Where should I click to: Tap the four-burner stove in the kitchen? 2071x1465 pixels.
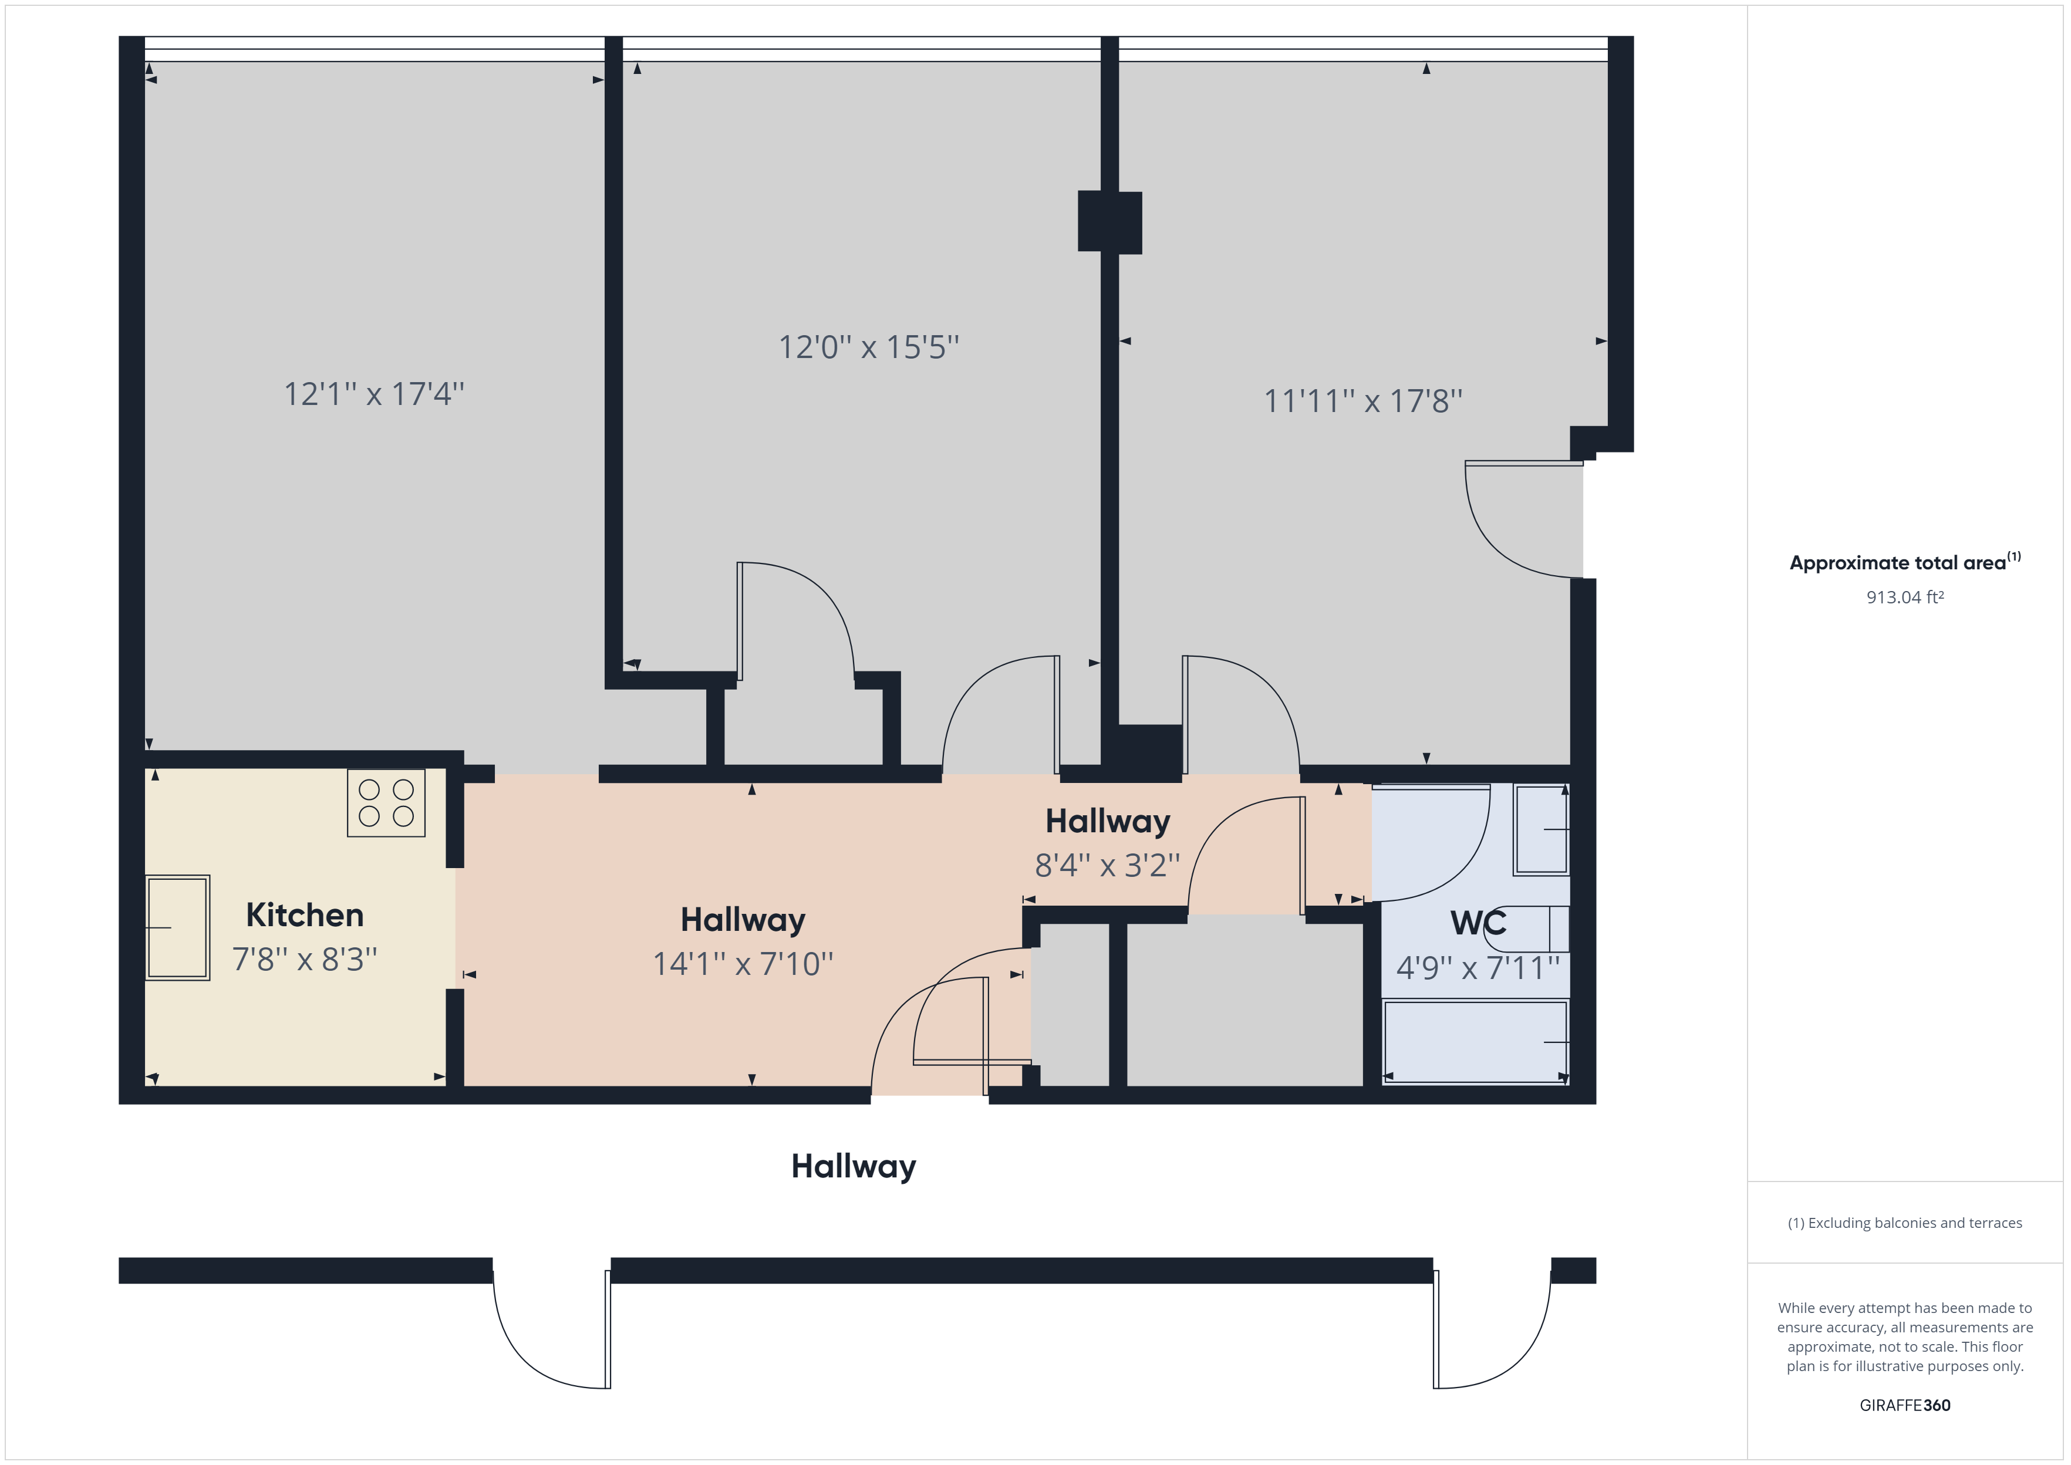[x=386, y=803]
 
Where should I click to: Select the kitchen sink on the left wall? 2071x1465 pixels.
[x=178, y=927]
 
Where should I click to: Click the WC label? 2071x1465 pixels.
[x=1478, y=923]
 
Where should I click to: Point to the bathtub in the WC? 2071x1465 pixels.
[x=1476, y=1042]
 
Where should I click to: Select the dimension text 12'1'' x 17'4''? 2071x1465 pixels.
[x=375, y=394]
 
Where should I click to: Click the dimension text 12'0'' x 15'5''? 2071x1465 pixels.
[x=869, y=347]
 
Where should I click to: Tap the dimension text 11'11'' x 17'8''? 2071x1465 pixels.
[x=1363, y=400]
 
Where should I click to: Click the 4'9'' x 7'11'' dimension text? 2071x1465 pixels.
[x=1478, y=968]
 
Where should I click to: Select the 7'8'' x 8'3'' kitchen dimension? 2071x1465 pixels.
[x=305, y=959]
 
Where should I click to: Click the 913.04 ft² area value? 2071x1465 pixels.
[x=1905, y=597]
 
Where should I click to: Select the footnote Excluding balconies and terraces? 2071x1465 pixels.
[x=1905, y=1223]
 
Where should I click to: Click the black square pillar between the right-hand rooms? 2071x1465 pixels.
[x=1109, y=222]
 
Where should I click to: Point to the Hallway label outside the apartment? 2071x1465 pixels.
[x=854, y=1166]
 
